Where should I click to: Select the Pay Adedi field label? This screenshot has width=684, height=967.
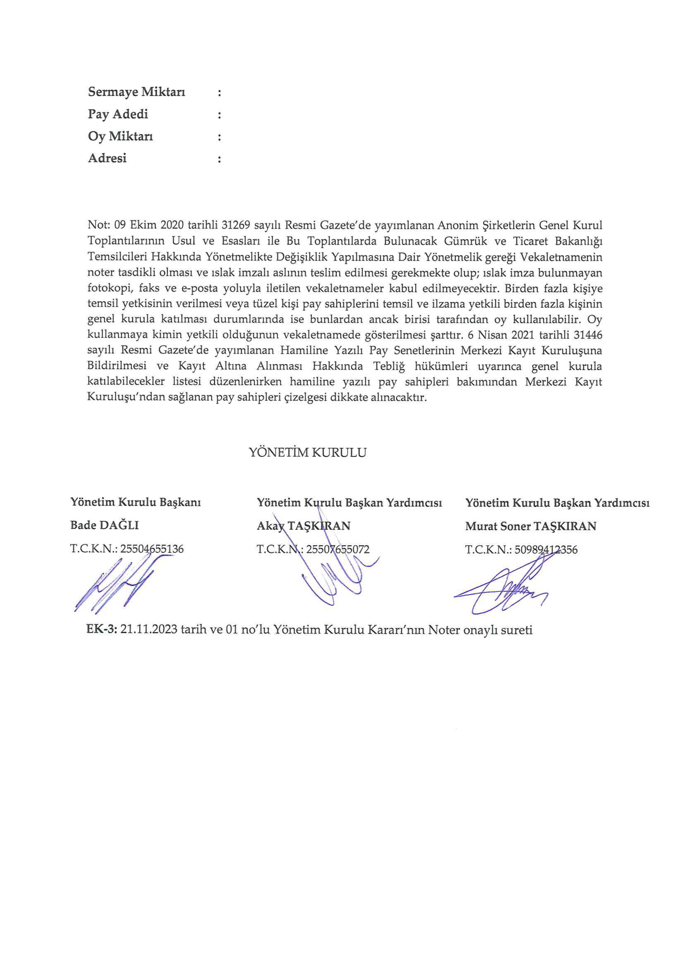click(x=118, y=114)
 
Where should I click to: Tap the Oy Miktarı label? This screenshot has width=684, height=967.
click(x=121, y=136)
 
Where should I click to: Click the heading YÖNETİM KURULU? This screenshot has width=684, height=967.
click(x=308, y=453)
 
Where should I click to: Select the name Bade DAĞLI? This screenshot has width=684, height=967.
click(x=105, y=525)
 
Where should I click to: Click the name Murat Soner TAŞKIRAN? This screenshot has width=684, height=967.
click(x=531, y=526)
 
